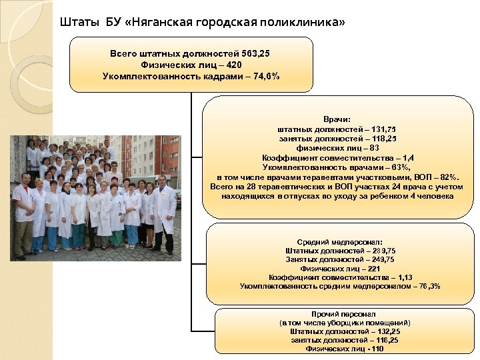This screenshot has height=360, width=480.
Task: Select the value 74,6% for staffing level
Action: tap(265, 76)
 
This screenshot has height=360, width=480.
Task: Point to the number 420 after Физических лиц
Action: tap(233, 65)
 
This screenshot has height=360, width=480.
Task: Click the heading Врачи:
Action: tap(337, 117)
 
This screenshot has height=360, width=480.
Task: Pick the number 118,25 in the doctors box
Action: tap(381, 138)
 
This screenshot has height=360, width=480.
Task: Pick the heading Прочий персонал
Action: tap(343, 313)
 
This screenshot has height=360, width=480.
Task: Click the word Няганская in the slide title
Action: tap(158, 23)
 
